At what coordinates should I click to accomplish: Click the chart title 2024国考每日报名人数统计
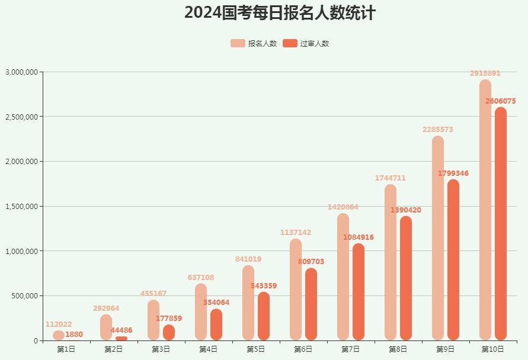coord(280,12)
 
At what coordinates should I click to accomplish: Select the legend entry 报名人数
coord(254,43)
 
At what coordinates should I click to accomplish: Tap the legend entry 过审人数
coord(306,43)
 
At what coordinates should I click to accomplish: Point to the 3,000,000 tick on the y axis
coord(22,72)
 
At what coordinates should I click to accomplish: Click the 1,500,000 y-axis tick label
coord(22,207)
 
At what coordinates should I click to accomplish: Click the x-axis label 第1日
coord(66,349)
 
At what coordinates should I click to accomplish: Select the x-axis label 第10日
coord(492,349)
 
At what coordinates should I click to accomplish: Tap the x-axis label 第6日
coord(303,349)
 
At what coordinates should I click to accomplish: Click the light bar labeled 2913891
coord(485,210)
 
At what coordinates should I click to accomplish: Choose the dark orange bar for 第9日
coord(453,260)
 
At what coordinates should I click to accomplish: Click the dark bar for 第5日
coord(264,316)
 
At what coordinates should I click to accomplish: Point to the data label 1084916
coord(359,237)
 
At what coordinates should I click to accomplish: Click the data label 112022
coord(59,324)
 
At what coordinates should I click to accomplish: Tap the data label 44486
coord(121,330)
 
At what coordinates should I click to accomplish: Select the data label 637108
coord(201,278)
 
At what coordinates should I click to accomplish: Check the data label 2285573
coord(438,130)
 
